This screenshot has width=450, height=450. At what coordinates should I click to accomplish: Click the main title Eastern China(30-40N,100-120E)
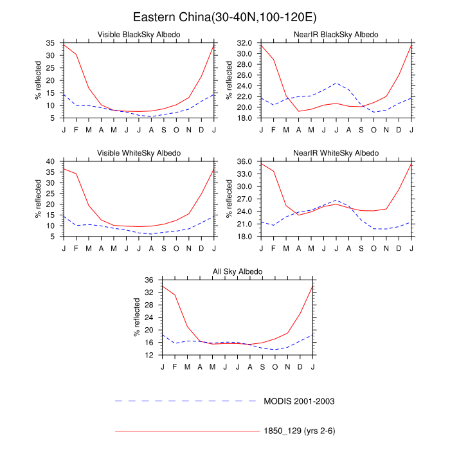pyautogui.click(x=224, y=16)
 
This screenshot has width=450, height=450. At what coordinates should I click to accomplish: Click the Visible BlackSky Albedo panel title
pyautogui.click(x=138, y=34)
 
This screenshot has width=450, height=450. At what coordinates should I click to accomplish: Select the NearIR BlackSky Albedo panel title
pyautogui.click(x=336, y=34)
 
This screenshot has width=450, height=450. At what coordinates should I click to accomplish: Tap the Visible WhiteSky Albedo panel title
pyautogui.click(x=138, y=152)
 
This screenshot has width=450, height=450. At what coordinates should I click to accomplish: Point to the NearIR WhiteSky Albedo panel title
pyautogui.click(x=336, y=152)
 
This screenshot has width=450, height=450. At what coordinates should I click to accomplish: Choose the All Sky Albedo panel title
pyautogui.click(x=237, y=271)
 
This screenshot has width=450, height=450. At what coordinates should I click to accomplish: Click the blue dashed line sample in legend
pyautogui.click(x=186, y=401)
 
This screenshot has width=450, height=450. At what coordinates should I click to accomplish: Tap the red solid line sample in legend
pyautogui.click(x=186, y=431)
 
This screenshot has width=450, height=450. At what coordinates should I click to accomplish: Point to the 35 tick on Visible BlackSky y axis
pyautogui.click(x=51, y=42)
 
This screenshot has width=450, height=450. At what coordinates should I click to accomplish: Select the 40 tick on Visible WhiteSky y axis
pyautogui.click(x=51, y=161)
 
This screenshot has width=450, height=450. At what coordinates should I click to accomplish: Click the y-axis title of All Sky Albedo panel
pyautogui.click(x=136, y=318)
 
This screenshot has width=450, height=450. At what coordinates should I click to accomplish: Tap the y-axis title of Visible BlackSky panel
pyautogui.click(x=38, y=80)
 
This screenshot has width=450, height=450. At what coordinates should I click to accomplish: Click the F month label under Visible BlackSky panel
pyautogui.click(x=76, y=130)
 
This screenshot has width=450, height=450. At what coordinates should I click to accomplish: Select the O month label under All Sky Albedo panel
pyautogui.click(x=275, y=367)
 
